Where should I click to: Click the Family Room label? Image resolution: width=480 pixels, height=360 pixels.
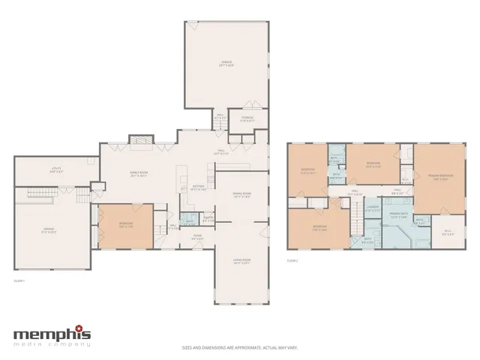(137, 174)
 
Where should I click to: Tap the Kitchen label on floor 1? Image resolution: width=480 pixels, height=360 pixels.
(198, 187)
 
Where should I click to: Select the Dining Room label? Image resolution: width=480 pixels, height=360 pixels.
(241, 193)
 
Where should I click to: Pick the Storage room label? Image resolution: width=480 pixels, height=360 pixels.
(247, 118)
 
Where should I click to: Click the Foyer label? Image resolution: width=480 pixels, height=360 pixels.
(198, 238)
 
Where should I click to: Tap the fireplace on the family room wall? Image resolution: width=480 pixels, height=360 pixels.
(139, 141)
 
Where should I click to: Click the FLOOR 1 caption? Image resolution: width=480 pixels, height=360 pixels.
(20, 280)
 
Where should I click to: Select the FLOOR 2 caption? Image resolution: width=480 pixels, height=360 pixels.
(292, 261)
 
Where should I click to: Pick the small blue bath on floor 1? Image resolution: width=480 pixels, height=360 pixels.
(188, 220)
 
